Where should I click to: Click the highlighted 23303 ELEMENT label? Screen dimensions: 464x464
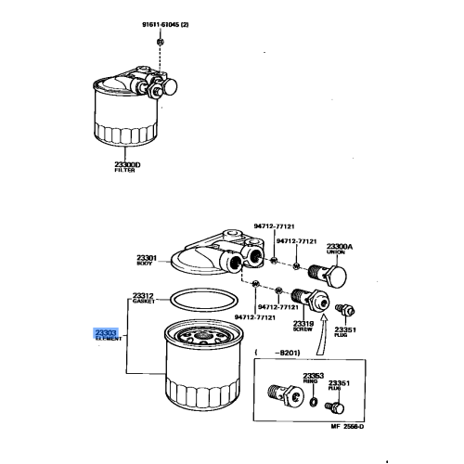click(x=104, y=336)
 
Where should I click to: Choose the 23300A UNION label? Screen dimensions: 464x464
click(x=340, y=251)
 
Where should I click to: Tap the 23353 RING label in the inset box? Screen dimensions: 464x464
click(x=312, y=379)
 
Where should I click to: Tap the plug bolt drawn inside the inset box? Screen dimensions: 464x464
click(x=334, y=407)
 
